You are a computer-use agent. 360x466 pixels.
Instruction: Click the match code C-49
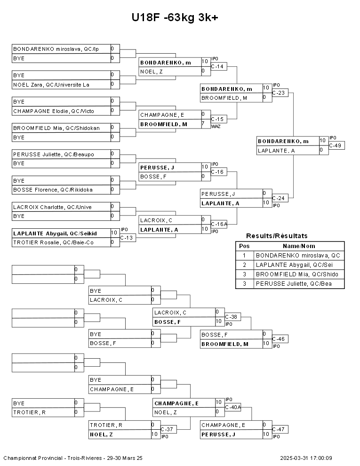point(336,145)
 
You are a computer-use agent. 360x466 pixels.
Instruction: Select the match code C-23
point(280,93)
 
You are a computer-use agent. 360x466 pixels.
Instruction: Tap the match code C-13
point(127,238)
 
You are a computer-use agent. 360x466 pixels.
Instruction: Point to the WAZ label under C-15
point(216,126)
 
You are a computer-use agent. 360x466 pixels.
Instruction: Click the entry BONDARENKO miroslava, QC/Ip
point(56,49)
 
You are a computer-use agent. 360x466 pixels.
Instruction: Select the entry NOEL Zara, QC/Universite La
point(51,85)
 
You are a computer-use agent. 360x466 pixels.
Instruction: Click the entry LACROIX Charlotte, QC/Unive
point(52,207)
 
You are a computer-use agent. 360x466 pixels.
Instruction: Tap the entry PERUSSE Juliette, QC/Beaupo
point(54,154)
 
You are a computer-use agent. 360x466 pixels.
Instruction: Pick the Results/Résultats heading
point(277,236)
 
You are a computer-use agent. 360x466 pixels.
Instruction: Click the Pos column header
point(244,246)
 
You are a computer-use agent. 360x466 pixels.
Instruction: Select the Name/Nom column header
point(299,246)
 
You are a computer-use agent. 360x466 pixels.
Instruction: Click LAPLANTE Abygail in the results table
point(297,265)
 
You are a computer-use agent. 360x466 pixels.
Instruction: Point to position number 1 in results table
point(244,256)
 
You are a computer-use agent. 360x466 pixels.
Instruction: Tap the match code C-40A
point(233,407)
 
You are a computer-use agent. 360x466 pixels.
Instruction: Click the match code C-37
point(167,429)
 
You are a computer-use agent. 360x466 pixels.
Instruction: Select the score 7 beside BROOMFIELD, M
point(203,124)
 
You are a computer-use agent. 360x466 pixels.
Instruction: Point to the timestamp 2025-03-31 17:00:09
point(306,458)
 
